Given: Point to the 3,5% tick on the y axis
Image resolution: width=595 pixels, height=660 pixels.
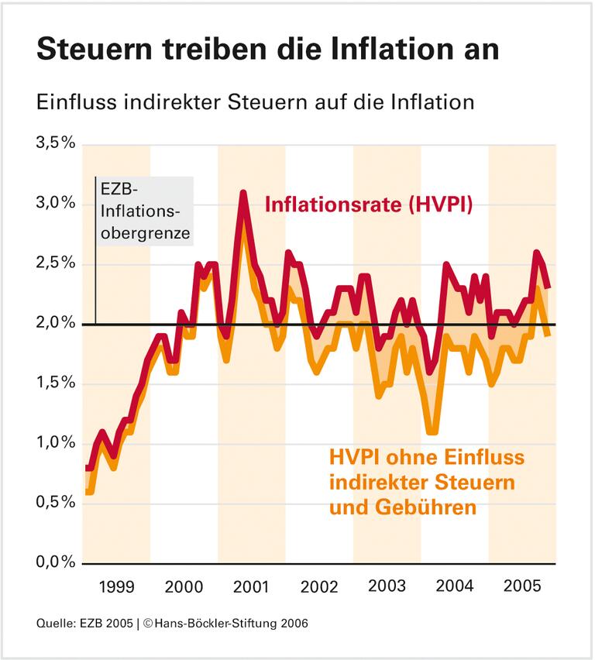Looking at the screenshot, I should pyautogui.click(x=55, y=144).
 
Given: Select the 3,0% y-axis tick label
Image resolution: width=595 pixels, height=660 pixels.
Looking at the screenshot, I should pyautogui.click(x=55, y=204).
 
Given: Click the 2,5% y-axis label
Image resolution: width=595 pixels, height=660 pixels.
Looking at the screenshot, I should pyautogui.click(x=55, y=263).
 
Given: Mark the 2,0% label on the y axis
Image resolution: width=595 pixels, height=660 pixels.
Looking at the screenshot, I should pyautogui.click(x=55, y=323).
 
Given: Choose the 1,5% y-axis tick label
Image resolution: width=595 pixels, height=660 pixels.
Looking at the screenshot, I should pyautogui.click(x=55, y=383).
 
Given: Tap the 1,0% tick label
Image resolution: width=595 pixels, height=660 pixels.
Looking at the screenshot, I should pyautogui.click(x=55, y=443).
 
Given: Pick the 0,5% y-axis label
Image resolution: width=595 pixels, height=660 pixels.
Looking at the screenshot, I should pyautogui.click(x=55, y=503).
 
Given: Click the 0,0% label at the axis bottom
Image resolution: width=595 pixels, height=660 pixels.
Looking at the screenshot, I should pyautogui.click(x=55, y=562).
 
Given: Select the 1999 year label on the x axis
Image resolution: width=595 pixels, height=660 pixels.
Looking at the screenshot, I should pyautogui.click(x=116, y=586).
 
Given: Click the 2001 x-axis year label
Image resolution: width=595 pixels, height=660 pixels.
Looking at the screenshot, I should pyautogui.click(x=252, y=586).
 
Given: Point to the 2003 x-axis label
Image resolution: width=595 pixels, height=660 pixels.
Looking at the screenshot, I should pyautogui.click(x=387, y=586).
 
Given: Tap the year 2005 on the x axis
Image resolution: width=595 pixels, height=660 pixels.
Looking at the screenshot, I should pyautogui.click(x=521, y=586).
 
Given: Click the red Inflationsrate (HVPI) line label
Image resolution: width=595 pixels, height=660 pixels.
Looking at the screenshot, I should pyautogui.click(x=369, y=205).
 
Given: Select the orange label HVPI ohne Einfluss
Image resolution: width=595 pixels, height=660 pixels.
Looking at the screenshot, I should pyautogui.click(x=427, y=457).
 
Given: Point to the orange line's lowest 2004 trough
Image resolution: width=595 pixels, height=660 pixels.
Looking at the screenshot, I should pyautogui.click(x=432, y=430).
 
